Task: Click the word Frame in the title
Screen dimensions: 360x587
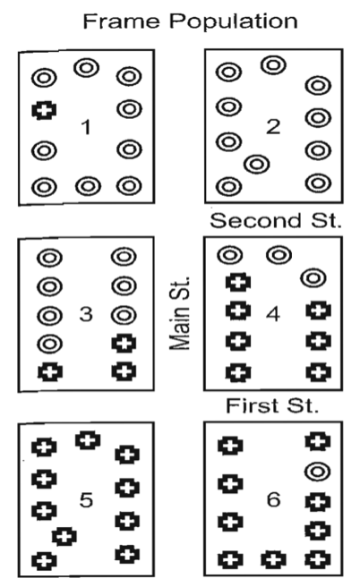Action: tap(121, 21)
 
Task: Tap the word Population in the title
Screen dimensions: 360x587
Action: tap(234, 21)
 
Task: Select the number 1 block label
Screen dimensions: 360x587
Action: tap(86, 127)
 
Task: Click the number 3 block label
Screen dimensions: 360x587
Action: tap(86, 314)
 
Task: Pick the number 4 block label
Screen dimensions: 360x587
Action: tap(273, 314)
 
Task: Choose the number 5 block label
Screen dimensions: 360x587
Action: tap(86, 500)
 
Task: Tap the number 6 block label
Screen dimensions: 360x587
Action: tap(273, 499)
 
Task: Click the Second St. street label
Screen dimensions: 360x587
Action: tap(276, 220)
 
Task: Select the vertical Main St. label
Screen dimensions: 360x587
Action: tap(180, 313)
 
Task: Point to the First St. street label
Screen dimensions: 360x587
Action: tap(272, 405)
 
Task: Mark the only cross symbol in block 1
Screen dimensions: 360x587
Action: tap(44, 110)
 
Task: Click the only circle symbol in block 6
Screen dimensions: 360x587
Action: tap(317, 471)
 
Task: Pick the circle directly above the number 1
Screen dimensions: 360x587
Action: tap(87, 68)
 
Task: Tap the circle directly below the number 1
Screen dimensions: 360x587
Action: tap(88, 186)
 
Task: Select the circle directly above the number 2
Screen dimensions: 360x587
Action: tap(273, 65)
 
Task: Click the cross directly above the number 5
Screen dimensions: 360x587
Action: tap(88, 440)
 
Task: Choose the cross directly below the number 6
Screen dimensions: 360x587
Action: tap(273, 560)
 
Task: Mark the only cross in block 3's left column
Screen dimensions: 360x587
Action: tap(50, 372)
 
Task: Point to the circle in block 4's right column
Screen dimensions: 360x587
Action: tap(313, 278)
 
